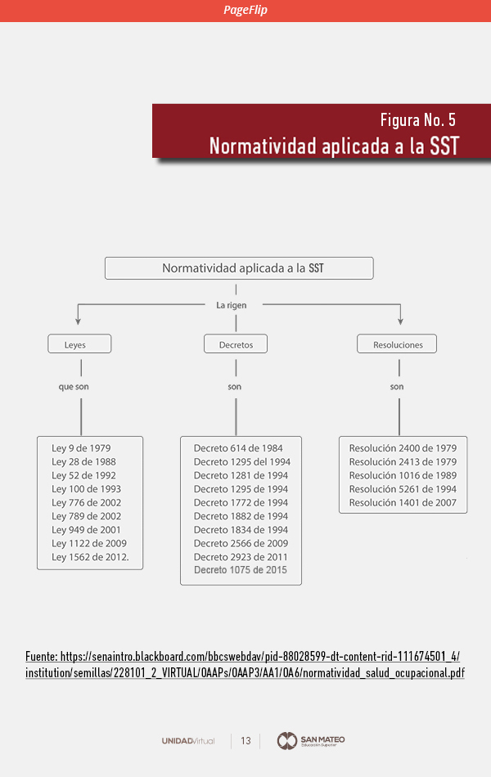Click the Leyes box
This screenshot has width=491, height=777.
pos(79,344)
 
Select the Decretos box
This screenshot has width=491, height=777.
pos(236,344)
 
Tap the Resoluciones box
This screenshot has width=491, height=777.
pos(397,344)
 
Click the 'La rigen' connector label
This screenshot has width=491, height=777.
pos(231,305)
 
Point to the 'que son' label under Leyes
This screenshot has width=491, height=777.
pos(74,387)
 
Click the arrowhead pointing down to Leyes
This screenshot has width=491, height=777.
pos(78,321)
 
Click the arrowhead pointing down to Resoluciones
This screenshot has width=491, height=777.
pos(400,321)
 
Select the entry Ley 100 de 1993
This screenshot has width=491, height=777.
pos(86,489)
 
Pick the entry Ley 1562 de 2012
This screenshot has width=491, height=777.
pos(90,557)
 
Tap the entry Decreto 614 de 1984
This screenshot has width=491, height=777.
pos(238,448)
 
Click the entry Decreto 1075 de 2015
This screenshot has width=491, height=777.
pos(241,570)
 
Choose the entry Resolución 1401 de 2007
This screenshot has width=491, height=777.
pos(403,502)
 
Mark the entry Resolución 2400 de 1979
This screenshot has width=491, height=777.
pos(403,448)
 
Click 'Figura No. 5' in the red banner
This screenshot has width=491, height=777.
pos(418,120)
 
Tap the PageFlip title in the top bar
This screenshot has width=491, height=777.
pos(245,10)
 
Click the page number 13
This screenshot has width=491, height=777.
pos(245,741)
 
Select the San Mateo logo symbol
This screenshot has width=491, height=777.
pos(286,741)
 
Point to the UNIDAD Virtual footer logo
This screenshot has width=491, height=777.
pos(188,741)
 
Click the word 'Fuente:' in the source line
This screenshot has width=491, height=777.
pos(41,657)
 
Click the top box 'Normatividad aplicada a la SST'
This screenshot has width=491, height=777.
pos(239,268)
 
